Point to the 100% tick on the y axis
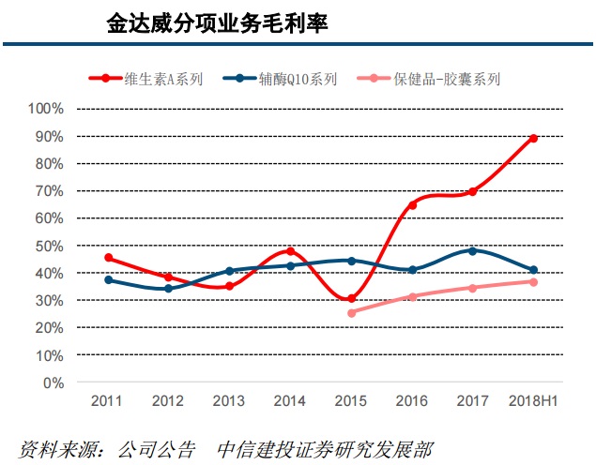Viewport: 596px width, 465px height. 46,109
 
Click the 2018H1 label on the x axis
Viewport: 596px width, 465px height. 533,401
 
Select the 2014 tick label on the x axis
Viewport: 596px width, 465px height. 290,401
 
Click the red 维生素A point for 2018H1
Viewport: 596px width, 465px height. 533,139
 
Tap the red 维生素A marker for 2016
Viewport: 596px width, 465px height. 412,204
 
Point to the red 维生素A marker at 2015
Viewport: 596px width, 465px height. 351,299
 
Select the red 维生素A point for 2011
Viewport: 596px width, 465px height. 109,258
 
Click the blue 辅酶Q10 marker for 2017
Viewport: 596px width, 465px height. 472,250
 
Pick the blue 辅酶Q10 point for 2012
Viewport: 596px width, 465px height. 169,289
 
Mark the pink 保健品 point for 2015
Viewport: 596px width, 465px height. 351,313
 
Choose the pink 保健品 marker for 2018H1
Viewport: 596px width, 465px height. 533,282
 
